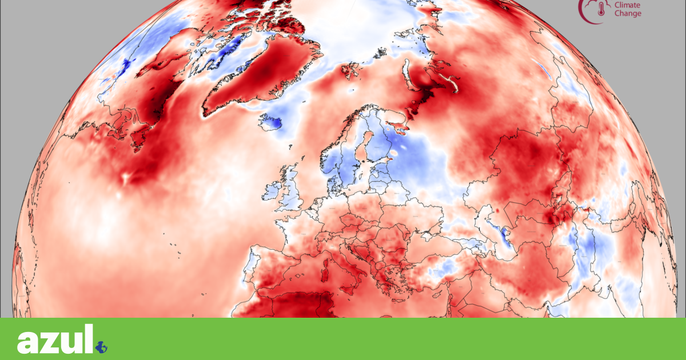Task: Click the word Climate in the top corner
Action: (627, 5)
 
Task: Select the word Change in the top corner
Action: (628, 13)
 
